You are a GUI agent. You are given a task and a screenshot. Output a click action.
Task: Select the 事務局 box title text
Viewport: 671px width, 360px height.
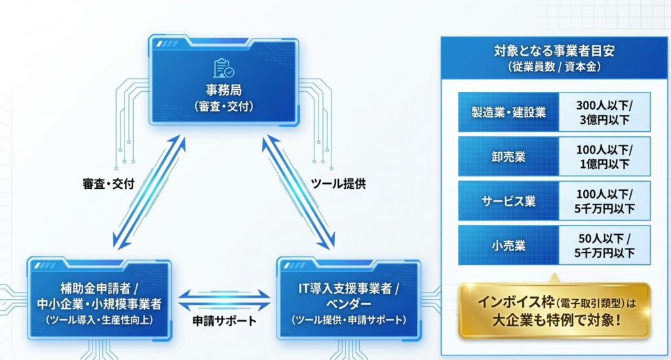[x=224, y=89]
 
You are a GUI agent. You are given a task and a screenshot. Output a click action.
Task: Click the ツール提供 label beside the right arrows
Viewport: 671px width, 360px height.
[x=338, y=184]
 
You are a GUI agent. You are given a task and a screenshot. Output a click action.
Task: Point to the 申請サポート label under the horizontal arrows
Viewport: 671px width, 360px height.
[x=224, y=321]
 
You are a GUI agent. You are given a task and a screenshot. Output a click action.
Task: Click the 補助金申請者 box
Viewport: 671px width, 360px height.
[x=100, y=298]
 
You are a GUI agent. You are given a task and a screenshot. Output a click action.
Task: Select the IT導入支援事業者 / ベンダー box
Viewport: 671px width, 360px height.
[x=348, y=298]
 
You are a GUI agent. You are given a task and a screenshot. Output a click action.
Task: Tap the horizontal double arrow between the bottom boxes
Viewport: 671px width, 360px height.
[x=224, y=299]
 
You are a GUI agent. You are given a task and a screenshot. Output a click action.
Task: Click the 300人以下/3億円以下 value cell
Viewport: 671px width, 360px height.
[x=604, y=112]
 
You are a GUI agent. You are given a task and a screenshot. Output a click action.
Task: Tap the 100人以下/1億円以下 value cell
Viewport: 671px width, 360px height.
[x=604, y=157]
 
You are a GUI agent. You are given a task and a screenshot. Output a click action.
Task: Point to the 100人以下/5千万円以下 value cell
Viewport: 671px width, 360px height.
[x=604, y=201]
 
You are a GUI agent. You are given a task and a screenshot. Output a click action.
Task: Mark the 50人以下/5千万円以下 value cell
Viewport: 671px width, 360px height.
[x=604, y=246]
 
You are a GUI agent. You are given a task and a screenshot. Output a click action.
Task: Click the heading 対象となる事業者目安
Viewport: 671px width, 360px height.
[x=554, y=50]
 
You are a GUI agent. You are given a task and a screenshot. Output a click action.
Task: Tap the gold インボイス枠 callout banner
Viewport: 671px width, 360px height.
[x=554, y=311]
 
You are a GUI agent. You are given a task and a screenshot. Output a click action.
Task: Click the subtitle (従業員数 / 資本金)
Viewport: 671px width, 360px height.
[x=554, y=67]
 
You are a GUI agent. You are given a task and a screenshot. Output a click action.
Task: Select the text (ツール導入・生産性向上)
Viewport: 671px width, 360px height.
[x=100, y=320]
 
